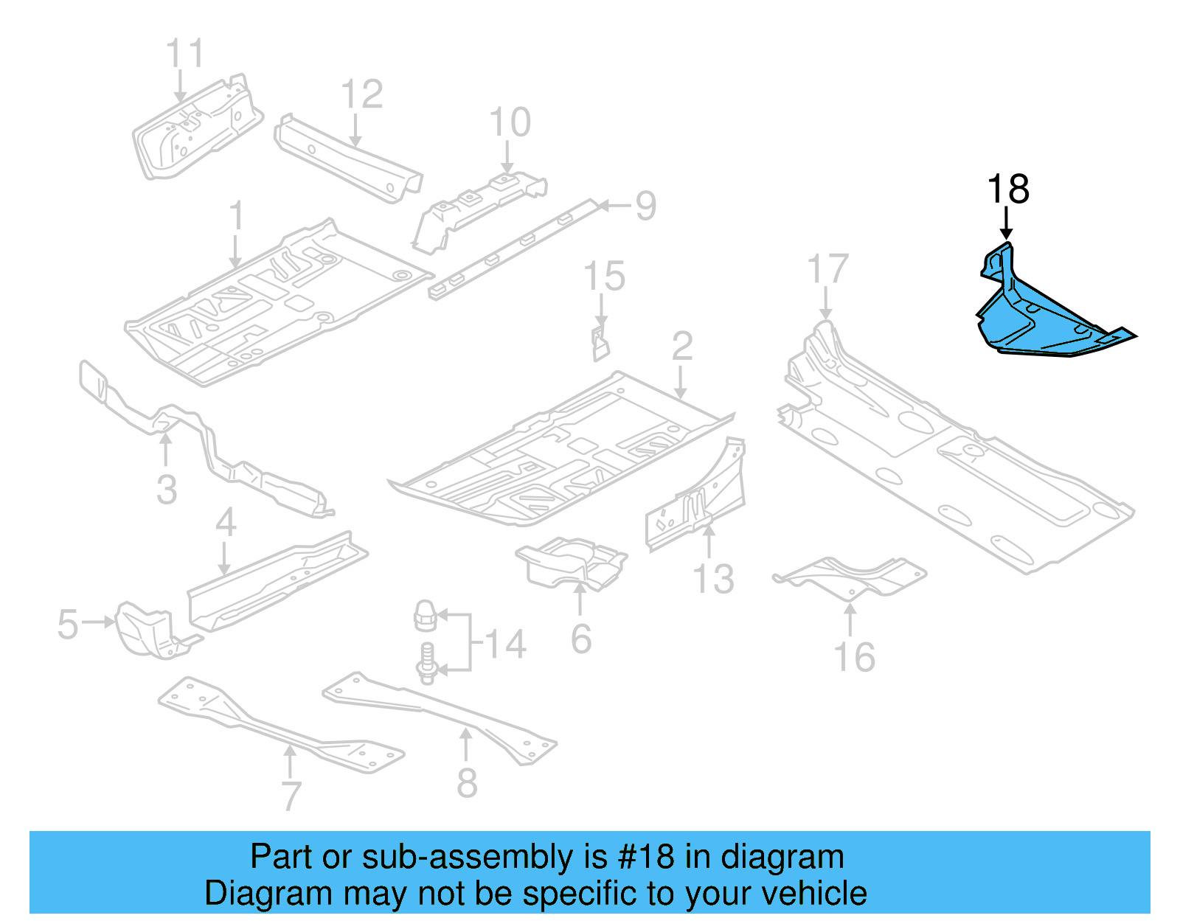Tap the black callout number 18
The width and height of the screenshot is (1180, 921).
pos(1008,190)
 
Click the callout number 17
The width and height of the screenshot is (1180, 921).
pos(827,269)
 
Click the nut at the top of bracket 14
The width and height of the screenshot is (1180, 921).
pos(425,615)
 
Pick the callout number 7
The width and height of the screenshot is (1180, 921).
pos(291,796)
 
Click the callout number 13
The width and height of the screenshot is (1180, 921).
pos(713,579)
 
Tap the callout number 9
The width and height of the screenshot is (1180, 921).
pos(645,206)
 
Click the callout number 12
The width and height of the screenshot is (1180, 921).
pos(361,94)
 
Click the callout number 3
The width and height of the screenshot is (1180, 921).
pos(167,490)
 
